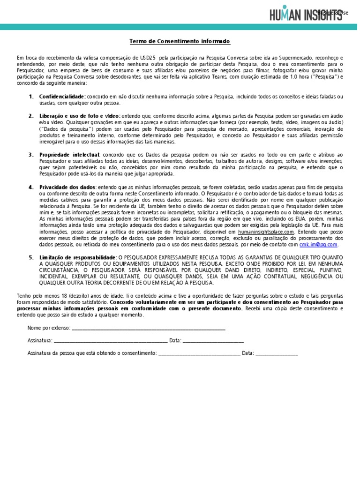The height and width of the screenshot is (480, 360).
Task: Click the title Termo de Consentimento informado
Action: [x=180, y=42]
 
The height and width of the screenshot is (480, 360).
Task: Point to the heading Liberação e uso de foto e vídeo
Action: [x=80, y=116]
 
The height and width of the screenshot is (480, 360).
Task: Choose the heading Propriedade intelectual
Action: [x=69, y=155]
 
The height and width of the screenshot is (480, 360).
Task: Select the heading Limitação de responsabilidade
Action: [x=77, y=258]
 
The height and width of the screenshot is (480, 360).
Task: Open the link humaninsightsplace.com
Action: [x=266, y=232]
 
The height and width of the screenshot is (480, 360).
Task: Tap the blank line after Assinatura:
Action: [x=111, y=341]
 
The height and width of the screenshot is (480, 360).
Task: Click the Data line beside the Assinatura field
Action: [x=213, y=341]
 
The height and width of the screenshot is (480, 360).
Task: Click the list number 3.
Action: [x=30, y=155]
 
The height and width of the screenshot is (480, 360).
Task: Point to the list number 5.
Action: [x=30, y=258]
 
